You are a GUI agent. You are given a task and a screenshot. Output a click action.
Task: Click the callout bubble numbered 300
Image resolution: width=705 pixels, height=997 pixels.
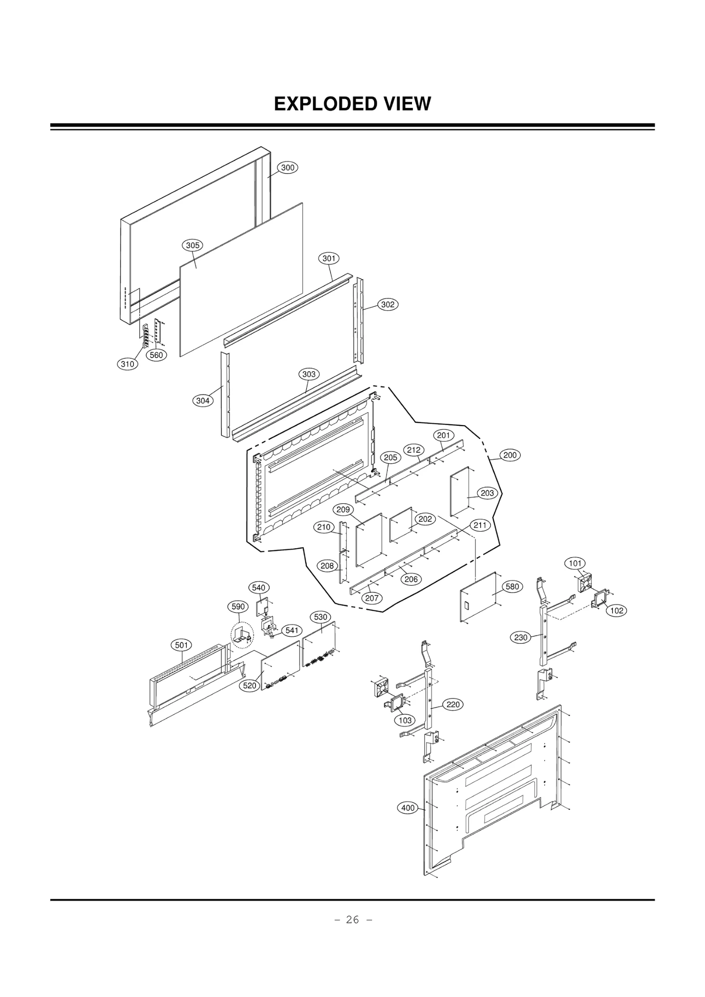(288, 168)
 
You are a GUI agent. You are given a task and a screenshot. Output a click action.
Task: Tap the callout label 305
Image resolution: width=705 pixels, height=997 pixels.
(193, 245)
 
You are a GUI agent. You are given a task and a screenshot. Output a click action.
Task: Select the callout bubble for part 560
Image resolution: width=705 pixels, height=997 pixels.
(156, 355)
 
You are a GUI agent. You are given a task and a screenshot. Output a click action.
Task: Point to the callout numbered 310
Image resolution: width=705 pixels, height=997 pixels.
(128, 364)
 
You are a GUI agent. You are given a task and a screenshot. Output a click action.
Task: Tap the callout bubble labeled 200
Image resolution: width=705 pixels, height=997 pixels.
(510, 455)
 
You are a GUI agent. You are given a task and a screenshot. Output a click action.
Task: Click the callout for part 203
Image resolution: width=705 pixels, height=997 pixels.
(487, 493)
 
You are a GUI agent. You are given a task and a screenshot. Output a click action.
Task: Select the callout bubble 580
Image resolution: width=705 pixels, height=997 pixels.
(512, 587)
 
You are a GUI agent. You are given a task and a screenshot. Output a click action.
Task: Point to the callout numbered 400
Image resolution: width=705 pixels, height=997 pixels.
(408, 808)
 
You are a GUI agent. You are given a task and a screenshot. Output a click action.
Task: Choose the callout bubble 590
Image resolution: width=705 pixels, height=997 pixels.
(238, 606)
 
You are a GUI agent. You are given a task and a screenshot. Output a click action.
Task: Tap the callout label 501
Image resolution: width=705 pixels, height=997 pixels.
(182, 645)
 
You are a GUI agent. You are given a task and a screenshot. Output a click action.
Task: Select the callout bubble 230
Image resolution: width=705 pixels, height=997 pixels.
(521, 637)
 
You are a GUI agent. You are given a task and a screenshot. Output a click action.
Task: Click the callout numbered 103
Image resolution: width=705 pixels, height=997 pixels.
(405, 720)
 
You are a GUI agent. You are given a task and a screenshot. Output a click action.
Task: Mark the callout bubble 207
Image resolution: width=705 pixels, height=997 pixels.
(372, 598)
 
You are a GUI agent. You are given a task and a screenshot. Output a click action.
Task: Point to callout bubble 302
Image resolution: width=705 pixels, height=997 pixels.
(388, 304)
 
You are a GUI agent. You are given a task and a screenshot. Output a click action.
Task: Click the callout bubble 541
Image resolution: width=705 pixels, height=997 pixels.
(292, 630)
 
